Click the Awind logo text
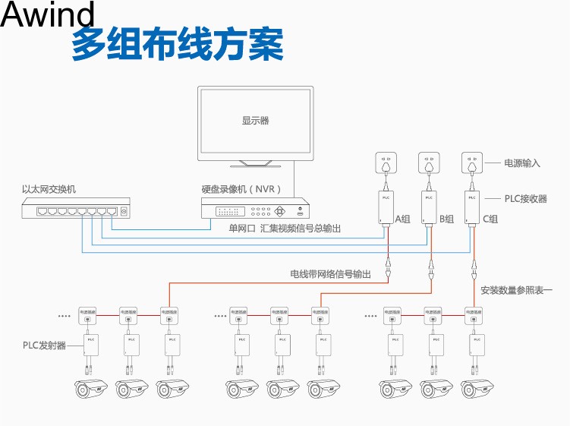[49, 15]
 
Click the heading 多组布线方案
[178, 46]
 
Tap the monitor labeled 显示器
[255, 121]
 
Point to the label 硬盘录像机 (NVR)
[241, 188]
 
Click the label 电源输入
[522, 163]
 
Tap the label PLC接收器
[526, 198]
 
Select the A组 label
[402, 219]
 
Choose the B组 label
[446, 219]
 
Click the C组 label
[490, 219]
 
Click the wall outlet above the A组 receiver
[386, 163]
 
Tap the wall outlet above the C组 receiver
[474, 163]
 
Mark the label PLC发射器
[44, 346]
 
